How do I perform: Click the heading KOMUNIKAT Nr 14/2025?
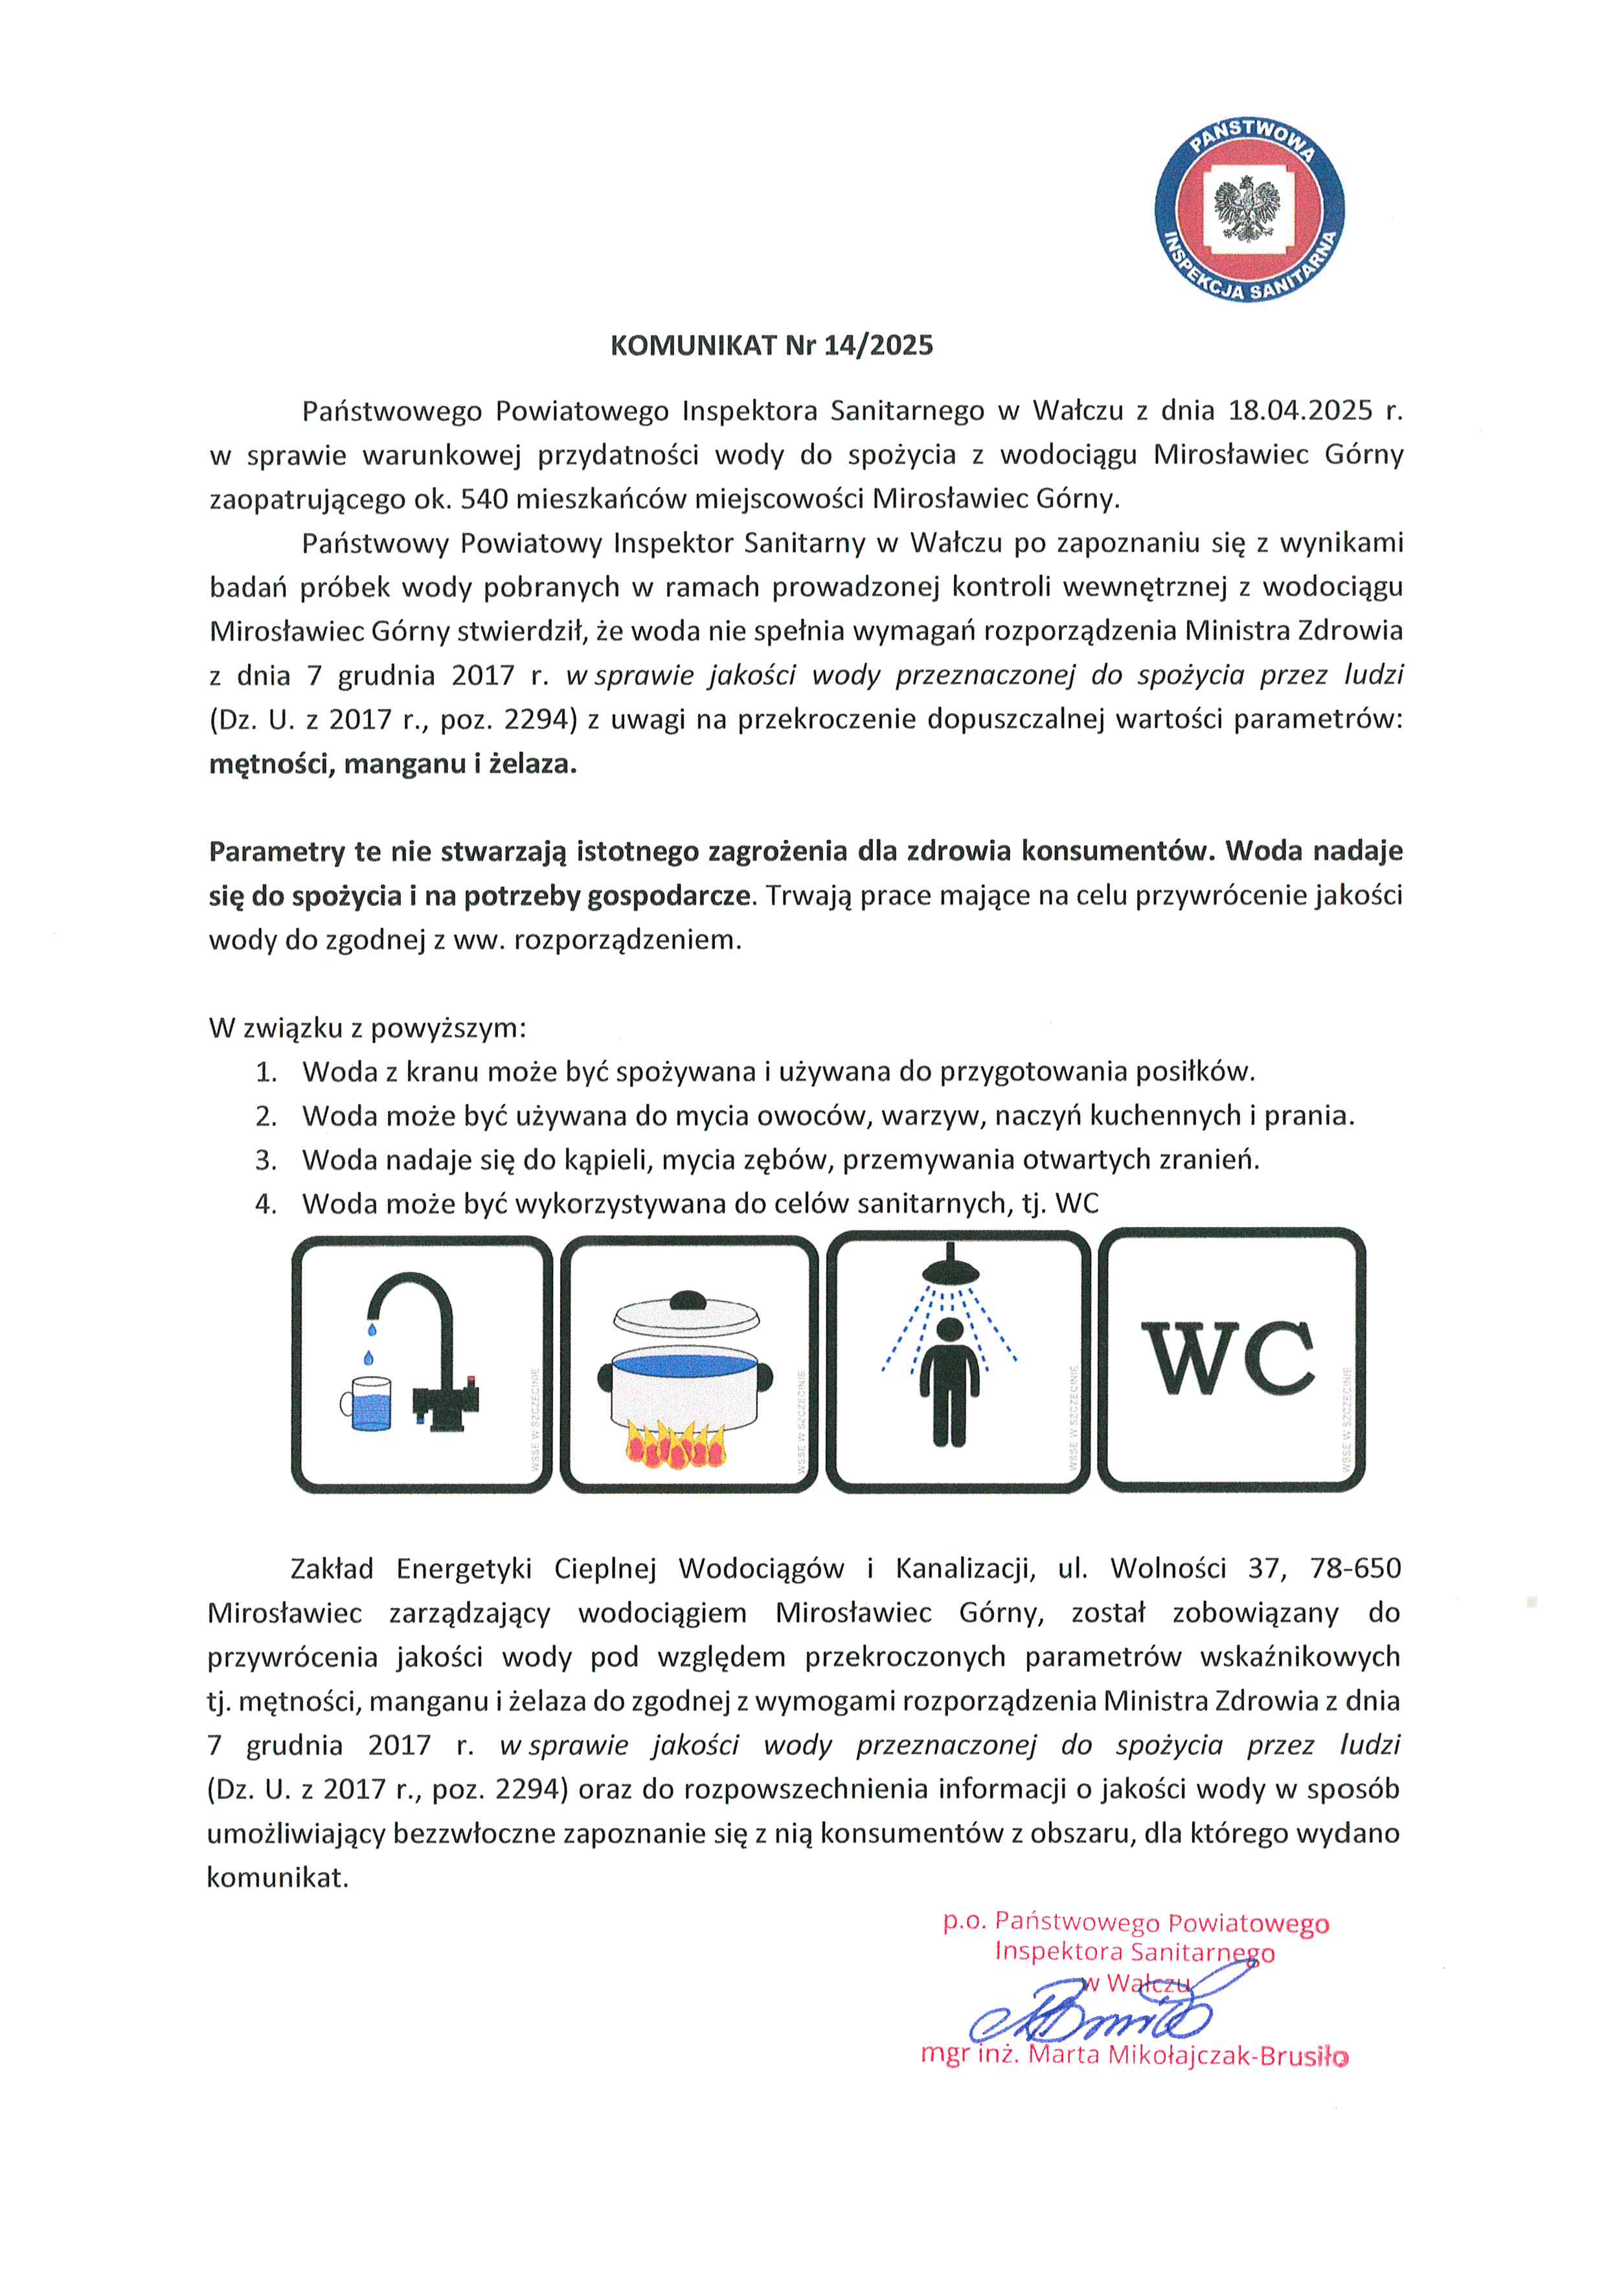point(771,345)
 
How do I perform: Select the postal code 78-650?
point(1355,1569)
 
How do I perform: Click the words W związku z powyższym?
point(367,1028)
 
